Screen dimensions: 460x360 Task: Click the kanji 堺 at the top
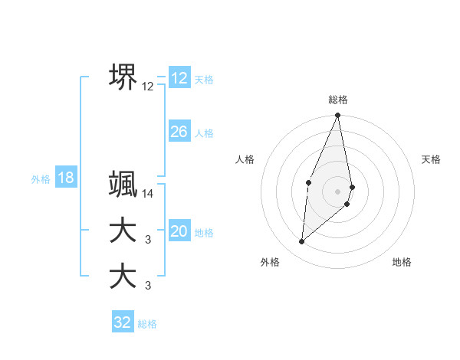pyautogui.click(x=123, y=77)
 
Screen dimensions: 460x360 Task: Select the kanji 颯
pyautogui.click(x=123, y=184)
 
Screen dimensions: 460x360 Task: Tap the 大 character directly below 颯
pyautogui.click(x=123, y=231)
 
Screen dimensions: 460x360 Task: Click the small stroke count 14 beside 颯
pyautogui.click(x=148, y=194)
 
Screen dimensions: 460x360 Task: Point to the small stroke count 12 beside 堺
pyautogui.click(x=148, y=87)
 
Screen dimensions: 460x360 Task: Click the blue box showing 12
pyautogui.click(x=179, y=78)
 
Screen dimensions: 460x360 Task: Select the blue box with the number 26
pyautogui.click(x=179, y=132)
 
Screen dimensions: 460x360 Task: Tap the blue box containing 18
pyautogui.click(x=66, y=178)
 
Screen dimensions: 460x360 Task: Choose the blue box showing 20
pyautogui.click(x=179, y=231)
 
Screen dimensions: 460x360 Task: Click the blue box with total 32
pyautogui.click(x=123, y=322)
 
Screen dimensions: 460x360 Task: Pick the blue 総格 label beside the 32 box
pyautogui.click(x=147, y=324)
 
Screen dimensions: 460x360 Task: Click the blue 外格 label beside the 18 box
pyautogui.click(x=41, y=179)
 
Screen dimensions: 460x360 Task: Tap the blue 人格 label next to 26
pyautogui.click(x=204, y=133)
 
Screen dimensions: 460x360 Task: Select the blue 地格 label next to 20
pyautogui.click(x=204, y=233)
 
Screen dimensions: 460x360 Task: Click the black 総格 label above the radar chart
pyautogui.click(x=338, y=100)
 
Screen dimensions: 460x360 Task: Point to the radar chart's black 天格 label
pyautogui.click(x=432, y=159)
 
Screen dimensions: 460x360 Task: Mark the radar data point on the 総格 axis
pyautogui.click(x=338, y=116)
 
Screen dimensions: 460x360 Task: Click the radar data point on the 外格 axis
pyautogui.click(x=302, y=242)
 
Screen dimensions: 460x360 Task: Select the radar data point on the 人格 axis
pyautogui.click(x=308, y=182)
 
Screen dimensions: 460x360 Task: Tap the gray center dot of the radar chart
pyautogui.click(x=338, y=191)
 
